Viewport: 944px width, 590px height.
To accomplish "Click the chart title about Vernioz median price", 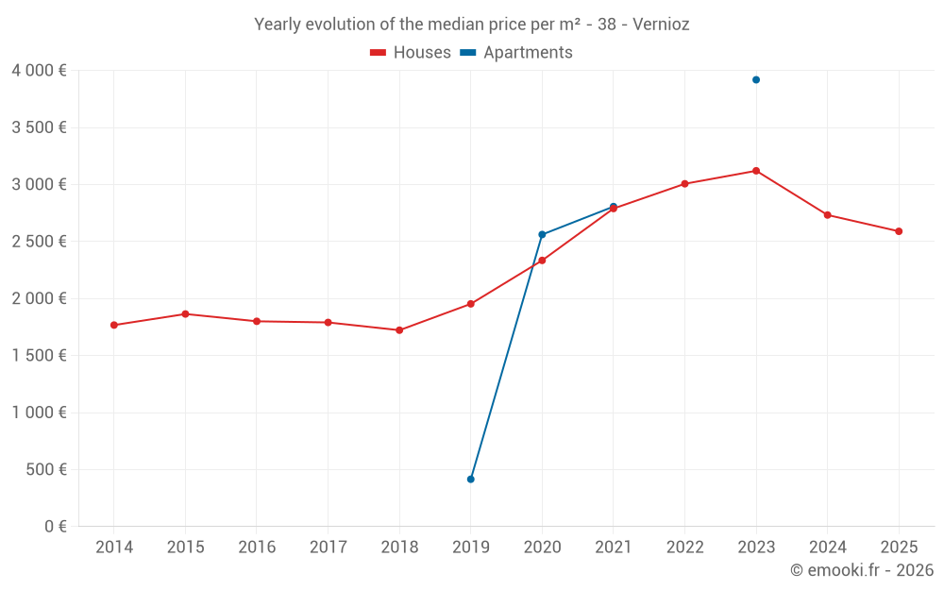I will [471, 25].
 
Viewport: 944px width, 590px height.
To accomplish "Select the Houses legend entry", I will [411, 53].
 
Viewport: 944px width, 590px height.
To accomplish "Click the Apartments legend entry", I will [516, 53].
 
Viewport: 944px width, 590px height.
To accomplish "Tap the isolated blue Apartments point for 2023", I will [756, 80].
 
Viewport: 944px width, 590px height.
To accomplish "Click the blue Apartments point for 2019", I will [470, 480].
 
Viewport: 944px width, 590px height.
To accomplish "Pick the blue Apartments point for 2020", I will [542, 234].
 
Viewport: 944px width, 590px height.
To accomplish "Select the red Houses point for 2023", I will [756, 171].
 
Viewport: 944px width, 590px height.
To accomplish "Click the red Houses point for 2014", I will [114, 325].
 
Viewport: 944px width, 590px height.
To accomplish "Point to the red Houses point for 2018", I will [399, 330].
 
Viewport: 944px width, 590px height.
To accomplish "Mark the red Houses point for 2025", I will [899, 231].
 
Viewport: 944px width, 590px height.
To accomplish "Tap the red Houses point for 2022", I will [684, 184].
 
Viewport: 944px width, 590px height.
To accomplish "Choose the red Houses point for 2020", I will [542, 261].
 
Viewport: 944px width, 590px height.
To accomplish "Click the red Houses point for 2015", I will [185, 314].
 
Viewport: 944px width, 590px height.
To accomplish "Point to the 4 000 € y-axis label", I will [39, 71].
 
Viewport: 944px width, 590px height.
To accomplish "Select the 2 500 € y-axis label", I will [39, 242].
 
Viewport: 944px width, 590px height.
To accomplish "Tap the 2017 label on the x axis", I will [328, 548].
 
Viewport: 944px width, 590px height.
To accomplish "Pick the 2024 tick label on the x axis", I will [827, 548].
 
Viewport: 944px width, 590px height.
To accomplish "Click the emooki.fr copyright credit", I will [861, 570].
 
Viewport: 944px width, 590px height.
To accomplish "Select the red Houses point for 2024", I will [827, 215].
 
